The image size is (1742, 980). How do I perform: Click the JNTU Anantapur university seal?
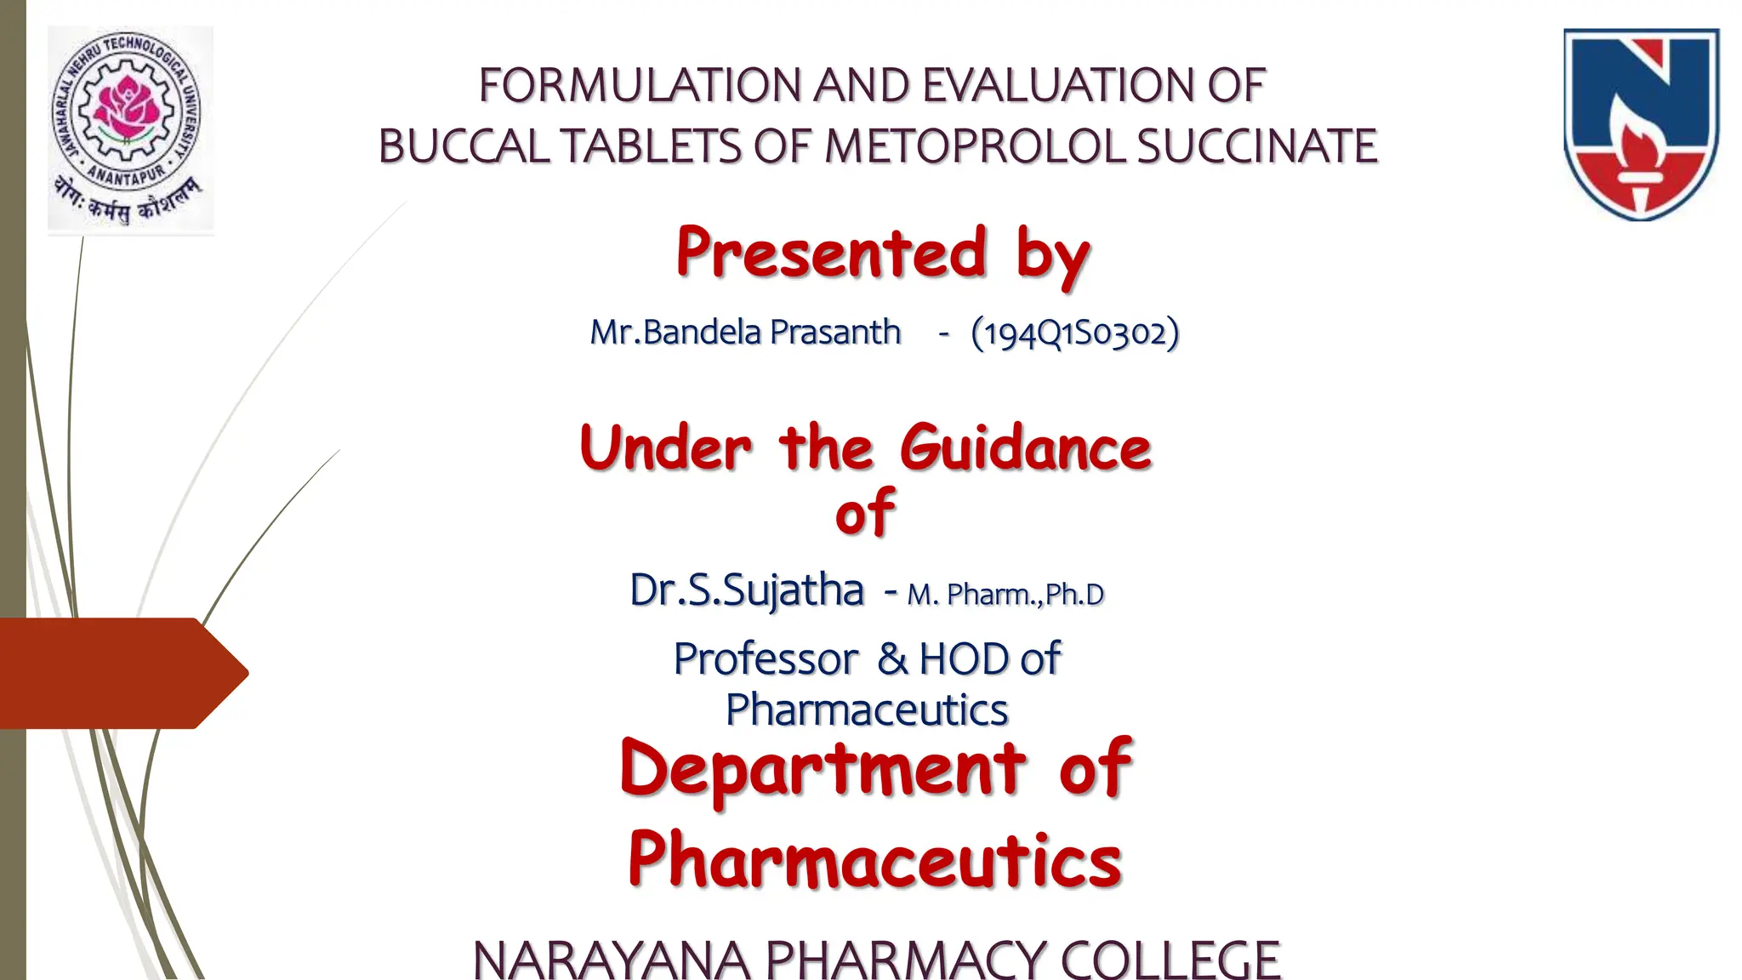tap(130, 129)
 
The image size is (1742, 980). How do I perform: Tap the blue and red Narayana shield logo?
tap(1641, 124)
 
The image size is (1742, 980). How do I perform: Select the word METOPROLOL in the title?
tap(976, 145)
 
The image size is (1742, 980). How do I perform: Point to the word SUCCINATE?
tap(1256, 145)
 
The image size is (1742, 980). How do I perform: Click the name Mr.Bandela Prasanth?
tap(745, 332)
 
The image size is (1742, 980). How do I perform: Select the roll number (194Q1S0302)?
tap(1075, 333)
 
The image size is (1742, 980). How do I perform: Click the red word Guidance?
tap(1025, 448)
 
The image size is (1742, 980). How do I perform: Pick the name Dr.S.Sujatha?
tap(746, 590)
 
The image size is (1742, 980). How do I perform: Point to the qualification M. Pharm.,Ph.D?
tap(1005, 594)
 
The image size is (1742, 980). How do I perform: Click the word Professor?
tap(766, 658)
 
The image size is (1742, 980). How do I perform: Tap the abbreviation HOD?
tap(965, 658)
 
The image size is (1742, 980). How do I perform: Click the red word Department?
tap(823, 769)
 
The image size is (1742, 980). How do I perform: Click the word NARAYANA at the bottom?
tap(611, 960)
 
